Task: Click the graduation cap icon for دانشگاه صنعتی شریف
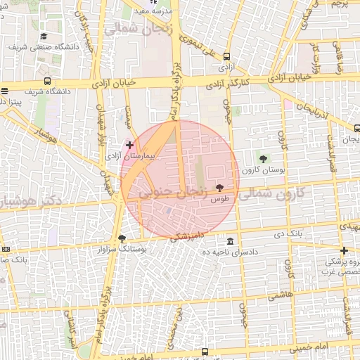pyautogui.click(x=44, y=37)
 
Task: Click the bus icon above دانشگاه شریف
pyautogui.click(x=47, y=81)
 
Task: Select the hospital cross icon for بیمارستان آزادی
pyautogui.click(x=129, y=144)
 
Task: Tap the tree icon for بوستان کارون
pyautogui.click(x=263, y=159)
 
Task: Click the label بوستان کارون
pyautogui.click(x=262, y=169)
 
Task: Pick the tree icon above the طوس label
pyautogui.click(x=220, y=188)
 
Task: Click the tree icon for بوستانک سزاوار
pyautogui.click(x=122, y=238)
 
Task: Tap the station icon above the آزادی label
pyautogui.click(x=226, y=57)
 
